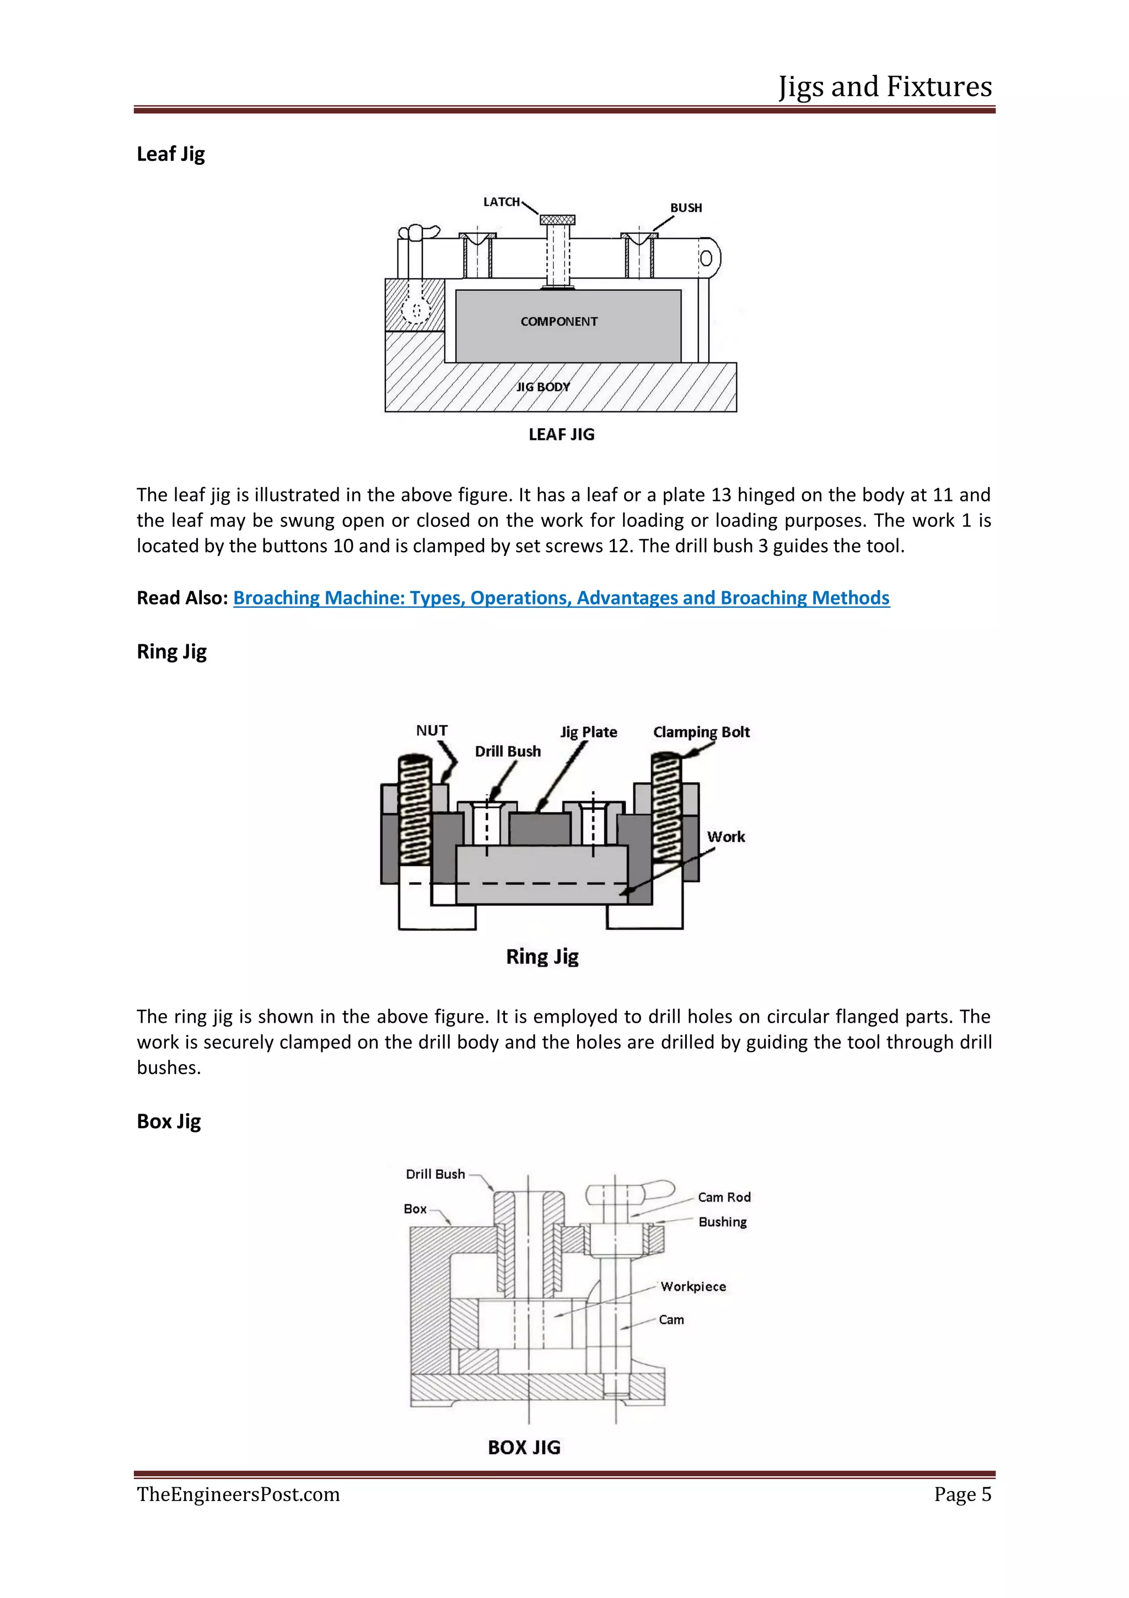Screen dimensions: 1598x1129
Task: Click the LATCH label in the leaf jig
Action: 502,202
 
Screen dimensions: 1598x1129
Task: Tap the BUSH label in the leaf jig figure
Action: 685,207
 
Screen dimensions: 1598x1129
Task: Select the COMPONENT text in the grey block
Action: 558,322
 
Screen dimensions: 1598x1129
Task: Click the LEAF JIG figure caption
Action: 561,434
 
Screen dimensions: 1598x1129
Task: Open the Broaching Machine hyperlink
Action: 561,598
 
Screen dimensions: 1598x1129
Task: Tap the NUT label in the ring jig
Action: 431,730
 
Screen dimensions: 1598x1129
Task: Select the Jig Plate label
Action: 589,731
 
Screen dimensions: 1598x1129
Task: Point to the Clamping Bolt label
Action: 701,731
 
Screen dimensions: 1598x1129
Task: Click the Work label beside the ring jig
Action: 725,837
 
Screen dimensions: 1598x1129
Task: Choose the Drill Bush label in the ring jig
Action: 507,751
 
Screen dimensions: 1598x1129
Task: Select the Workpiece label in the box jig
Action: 693,1286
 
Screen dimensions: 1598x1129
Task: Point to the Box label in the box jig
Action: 415,1209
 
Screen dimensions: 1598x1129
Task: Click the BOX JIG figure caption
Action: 524,1447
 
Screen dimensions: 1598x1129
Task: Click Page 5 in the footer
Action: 962,1494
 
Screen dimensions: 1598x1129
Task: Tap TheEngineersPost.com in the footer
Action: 238,1494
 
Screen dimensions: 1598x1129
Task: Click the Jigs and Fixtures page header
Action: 884,86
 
